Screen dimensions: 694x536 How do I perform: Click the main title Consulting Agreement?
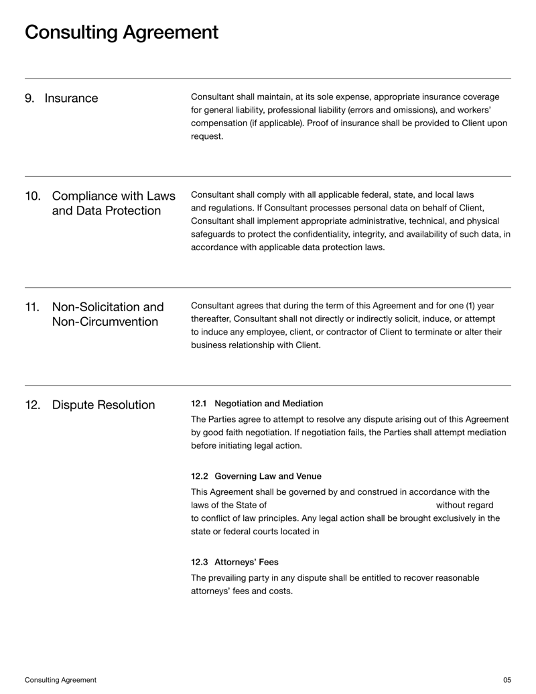point(121,32)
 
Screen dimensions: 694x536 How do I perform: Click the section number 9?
point(29,99)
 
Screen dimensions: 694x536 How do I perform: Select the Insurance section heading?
point(71,99)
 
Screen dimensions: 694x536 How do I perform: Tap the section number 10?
point(33,196)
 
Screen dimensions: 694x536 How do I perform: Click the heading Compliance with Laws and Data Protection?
point(113,204)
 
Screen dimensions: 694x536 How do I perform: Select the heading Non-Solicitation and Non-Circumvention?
point(107,315)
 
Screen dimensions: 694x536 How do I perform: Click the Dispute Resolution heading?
point(103,406)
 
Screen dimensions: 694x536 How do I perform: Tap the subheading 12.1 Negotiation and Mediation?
point(257,404)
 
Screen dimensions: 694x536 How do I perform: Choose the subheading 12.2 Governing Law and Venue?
point(256,477)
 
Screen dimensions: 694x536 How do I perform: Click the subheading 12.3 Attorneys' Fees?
point(234,562)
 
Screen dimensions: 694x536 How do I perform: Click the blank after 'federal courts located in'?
point(389,532)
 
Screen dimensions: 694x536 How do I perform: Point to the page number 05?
point(507,680)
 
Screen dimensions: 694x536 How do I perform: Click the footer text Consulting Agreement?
point(60,680)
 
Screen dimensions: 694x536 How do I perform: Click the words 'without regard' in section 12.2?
point(464,505)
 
